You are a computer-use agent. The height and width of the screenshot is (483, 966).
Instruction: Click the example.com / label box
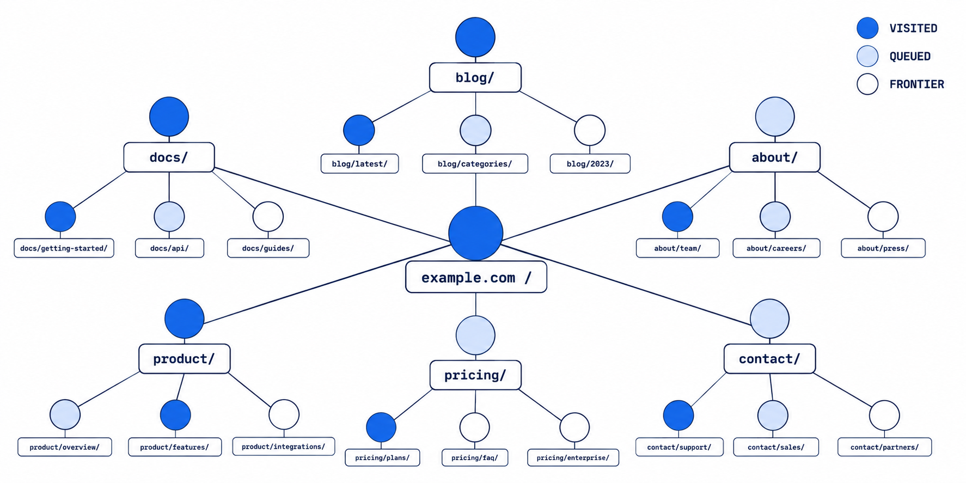(x=476, y=277)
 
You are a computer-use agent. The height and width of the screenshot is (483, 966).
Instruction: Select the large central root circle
(x=475, y=233)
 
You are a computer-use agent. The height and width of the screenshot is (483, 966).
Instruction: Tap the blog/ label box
(x=475, y=77)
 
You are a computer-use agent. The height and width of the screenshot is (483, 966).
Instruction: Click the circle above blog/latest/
(x=359, y=130)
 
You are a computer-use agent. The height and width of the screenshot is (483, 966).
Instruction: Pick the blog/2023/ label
(x=590, y=163)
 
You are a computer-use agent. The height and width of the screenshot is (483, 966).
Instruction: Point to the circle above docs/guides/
(x=268, y=217)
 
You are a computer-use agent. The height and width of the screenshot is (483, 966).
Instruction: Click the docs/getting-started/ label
(x=64, y=248)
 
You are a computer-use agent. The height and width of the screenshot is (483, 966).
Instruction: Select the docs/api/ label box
(x=169, y=248)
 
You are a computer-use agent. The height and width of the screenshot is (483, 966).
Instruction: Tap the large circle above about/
(x=774, y=117)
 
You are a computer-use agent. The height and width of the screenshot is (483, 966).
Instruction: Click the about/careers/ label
(x=776, y=248)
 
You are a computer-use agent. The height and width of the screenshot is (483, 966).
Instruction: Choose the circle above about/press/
(x=883, y=217)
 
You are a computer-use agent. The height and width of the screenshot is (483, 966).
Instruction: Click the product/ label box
(x=185, y=359)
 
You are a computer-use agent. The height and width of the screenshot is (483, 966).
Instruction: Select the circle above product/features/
(x=175, y=415)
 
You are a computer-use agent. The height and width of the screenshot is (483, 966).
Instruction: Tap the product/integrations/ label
(x=283, y=447)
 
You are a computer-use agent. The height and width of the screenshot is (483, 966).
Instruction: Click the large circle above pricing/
(x=475, y=335)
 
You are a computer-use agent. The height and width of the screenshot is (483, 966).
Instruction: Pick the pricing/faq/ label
(x=475, y=457)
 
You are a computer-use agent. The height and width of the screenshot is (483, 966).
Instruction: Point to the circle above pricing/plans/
(x=381, y=427)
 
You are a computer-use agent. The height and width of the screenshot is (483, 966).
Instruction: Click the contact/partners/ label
(x=884, y=447)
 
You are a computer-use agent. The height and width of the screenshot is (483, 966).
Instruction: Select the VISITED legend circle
(x=867, y=28)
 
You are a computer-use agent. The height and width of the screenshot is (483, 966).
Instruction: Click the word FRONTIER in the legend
(x=917, y=84)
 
